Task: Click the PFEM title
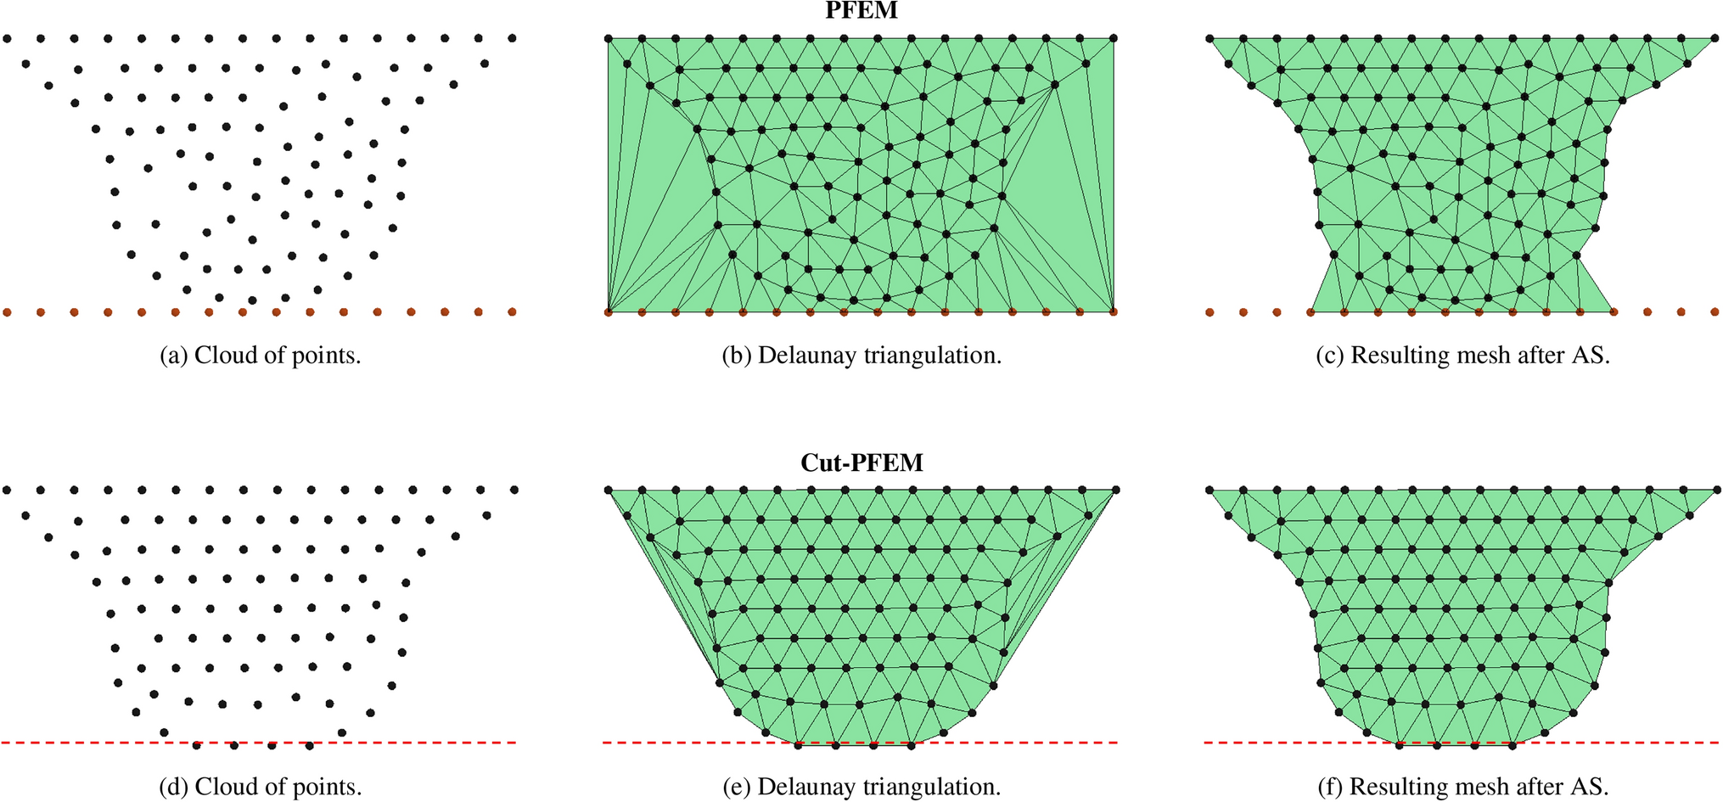(x=861, y=10)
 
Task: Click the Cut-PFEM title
(x=861, y=463)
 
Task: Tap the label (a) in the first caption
(x=174, y=355)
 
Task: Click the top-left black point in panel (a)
(x=7, y=38)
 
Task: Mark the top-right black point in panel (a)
(x=512, y=38)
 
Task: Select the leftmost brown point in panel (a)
(x=7, y=312)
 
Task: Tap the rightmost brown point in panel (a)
(x=512, y=312)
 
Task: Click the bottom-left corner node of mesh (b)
(x=608, y=312)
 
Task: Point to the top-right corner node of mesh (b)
(x=1114, y=38)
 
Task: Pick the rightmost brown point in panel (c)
(x=1715, y=312)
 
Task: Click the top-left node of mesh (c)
(x=1209, y=38)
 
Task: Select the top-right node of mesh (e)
(x=1115, y=490)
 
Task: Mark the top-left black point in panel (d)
(x=7, y=490)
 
